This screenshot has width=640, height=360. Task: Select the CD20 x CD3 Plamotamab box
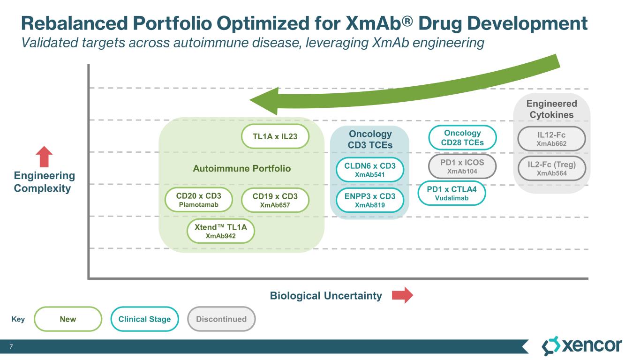199,200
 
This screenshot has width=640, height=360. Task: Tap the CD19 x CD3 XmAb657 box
275,200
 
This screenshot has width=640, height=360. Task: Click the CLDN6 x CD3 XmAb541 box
370,170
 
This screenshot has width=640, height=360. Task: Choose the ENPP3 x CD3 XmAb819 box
370,200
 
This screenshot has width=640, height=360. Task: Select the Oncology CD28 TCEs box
462,137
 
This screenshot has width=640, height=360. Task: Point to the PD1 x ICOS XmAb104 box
462,166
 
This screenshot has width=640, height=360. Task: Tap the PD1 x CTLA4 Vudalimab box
452,193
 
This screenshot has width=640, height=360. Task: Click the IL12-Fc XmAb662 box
551,139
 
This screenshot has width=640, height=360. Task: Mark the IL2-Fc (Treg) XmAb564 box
551,169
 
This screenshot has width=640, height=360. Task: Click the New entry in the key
68,319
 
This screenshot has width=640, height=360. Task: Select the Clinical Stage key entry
145,319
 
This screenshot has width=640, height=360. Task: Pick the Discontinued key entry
221,319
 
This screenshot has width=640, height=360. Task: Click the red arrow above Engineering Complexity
44,157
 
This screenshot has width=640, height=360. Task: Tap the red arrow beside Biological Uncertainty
402,295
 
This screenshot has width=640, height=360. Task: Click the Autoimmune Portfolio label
242,168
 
